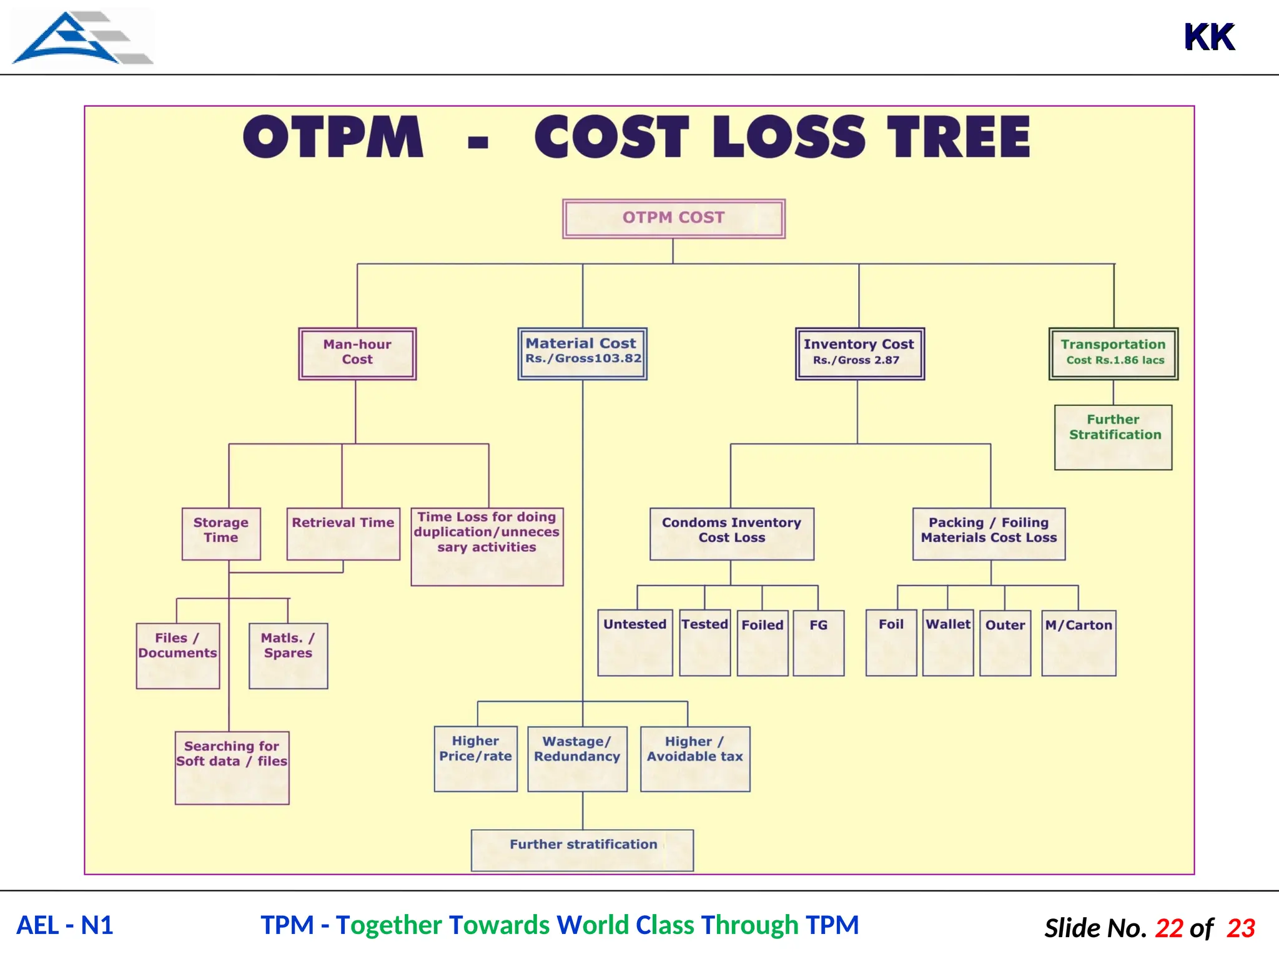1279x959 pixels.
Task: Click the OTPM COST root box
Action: (673, 219)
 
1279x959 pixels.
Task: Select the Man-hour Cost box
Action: (357, 353)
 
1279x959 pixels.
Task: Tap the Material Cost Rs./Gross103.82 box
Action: (582, 353)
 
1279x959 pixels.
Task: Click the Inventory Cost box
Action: (859, 353)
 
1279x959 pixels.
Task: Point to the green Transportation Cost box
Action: (1113, 353)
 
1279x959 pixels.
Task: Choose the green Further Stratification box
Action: (1113, 437)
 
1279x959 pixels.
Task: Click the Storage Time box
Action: (221, 533)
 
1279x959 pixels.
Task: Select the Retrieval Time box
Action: (343, 533)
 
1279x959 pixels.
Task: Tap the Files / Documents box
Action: (177, 655)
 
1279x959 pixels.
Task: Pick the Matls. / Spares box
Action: (288, 655)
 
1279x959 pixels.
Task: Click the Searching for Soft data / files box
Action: (232, 767)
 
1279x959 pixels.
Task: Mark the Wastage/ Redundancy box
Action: (577, 758)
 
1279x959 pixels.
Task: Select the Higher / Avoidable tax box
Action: (695, 758)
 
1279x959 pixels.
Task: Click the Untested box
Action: (635, 642)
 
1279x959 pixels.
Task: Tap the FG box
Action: (818, 642)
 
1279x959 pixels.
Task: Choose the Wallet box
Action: (947, 642)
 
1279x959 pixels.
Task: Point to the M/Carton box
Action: (1079, 642)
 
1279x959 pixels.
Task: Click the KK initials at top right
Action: (1209, 37)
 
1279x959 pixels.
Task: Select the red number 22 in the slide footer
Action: (1168, 928)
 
